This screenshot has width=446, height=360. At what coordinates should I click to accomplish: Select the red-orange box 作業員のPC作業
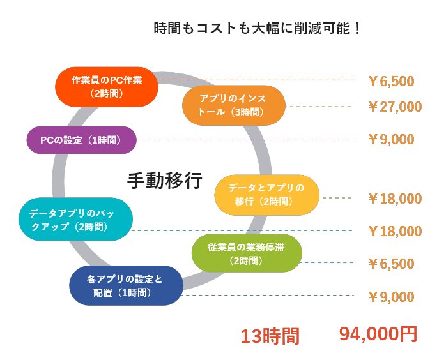107,87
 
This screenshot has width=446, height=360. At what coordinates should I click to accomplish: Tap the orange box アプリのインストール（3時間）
233,105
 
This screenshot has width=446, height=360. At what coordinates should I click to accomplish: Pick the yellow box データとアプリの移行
266,194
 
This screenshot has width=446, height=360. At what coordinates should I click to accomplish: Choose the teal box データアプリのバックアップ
75,219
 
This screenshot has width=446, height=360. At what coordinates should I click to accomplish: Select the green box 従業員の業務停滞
247,253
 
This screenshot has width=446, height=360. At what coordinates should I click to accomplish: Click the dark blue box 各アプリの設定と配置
126,285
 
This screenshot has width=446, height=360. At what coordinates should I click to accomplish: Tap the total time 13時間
269,336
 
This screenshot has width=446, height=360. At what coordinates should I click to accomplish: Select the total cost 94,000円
378,334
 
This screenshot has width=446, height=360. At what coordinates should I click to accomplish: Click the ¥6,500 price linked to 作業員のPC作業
391,81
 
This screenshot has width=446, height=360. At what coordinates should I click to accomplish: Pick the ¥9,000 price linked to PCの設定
391,139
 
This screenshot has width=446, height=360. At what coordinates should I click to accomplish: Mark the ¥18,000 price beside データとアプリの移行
394,199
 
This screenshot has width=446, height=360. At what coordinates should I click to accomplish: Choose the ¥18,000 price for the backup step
394,231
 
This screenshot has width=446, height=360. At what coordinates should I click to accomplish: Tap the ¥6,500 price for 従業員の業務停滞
391,264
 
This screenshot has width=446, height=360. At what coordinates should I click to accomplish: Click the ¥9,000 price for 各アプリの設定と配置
391,297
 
